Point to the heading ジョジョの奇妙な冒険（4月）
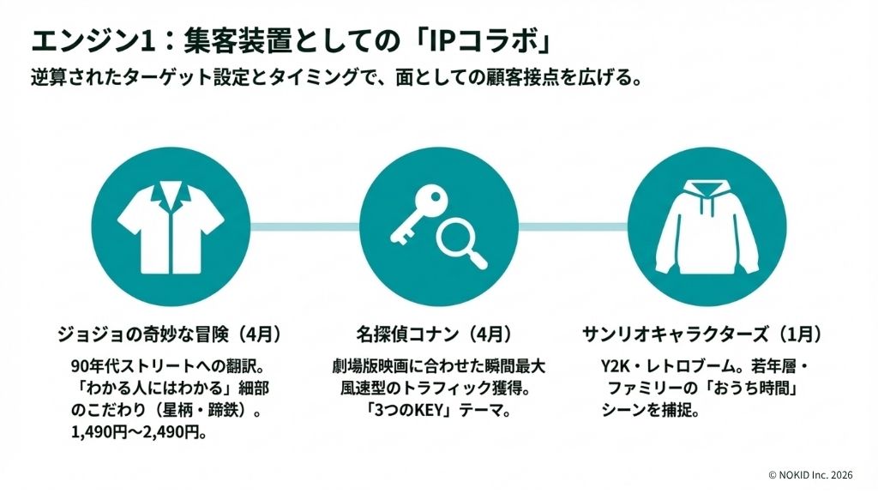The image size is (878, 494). point(170,333)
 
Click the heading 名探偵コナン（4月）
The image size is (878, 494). point(435,333)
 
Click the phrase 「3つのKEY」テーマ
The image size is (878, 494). point(435,410)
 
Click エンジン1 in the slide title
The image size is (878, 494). point(78,40)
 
